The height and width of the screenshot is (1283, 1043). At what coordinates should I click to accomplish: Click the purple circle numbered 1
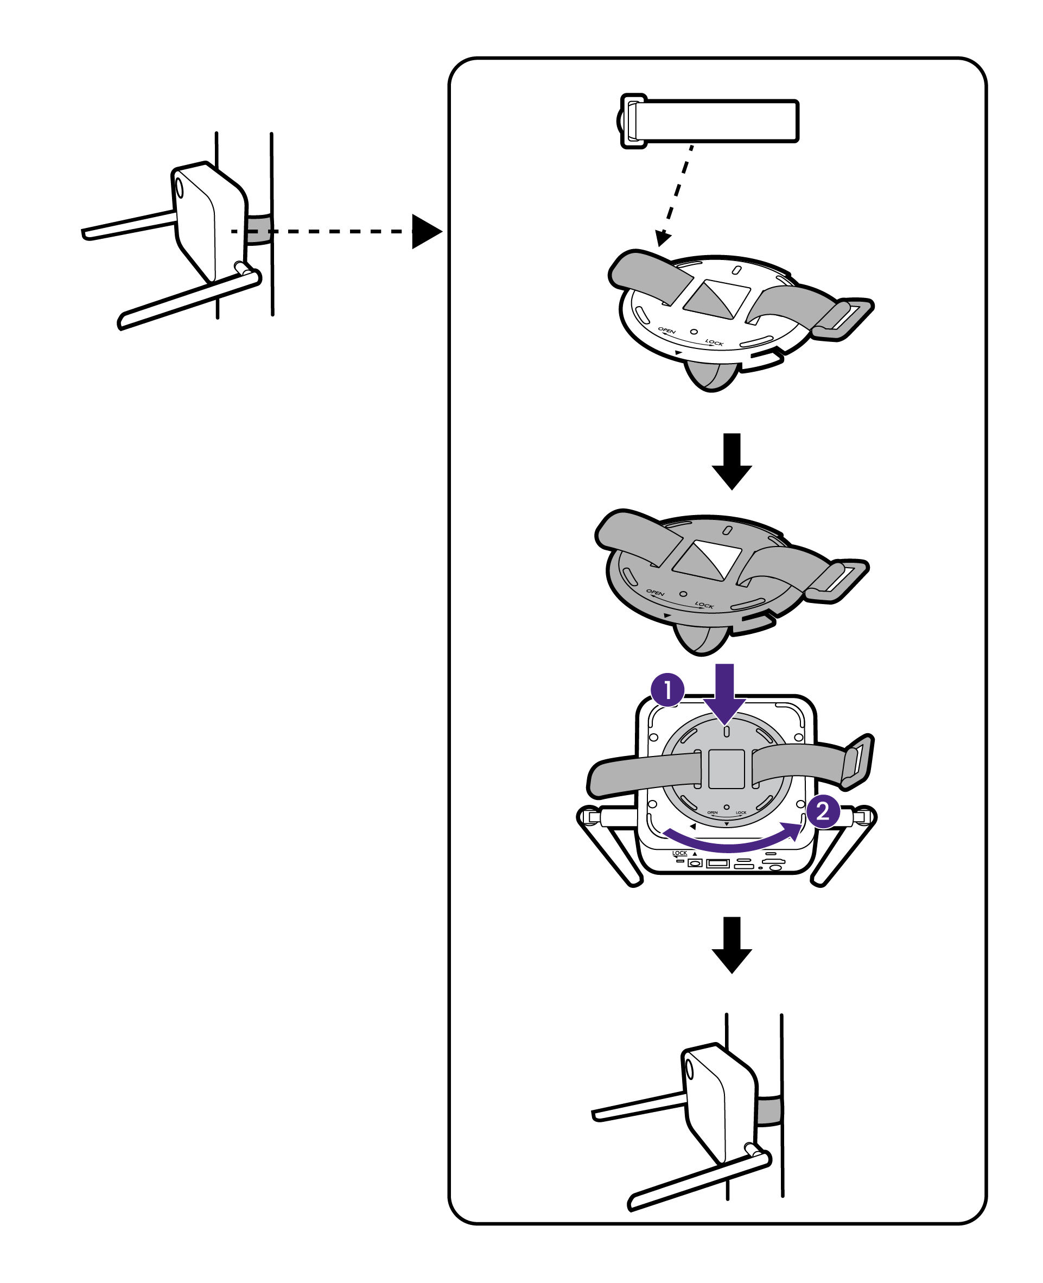coord(667,690)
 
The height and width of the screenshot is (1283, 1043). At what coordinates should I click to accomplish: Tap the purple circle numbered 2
coord(823,811)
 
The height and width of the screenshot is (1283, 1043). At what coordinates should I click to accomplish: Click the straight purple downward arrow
coord(725,691)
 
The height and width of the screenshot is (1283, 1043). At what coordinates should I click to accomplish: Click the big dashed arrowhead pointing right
coord(425,231)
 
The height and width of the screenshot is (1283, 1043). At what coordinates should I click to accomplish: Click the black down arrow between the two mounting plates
coord(731,460)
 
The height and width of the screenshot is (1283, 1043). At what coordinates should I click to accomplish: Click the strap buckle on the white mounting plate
coord(844,319)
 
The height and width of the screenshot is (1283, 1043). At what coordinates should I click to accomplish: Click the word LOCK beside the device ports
coord(679,853)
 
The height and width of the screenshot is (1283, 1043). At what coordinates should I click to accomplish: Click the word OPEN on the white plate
coord(666,331)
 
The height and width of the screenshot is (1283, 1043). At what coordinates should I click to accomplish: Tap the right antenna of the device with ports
coord(844,847)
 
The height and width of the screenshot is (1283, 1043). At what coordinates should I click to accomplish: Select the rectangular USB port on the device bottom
coord(717,864)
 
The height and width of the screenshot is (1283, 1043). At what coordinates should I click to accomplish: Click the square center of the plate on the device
coord(727,768)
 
